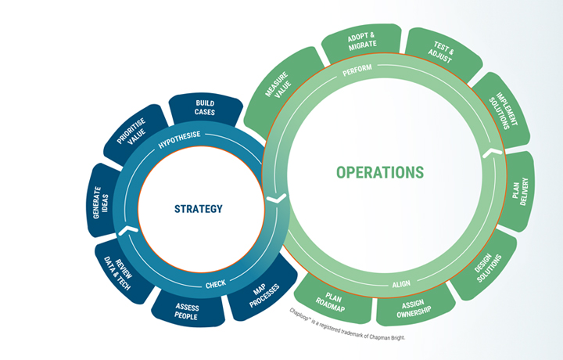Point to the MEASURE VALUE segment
[x=279, y=99]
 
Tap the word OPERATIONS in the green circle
[x=380, y=172]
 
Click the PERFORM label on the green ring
[x=357, y=70]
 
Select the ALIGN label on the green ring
[x=400, y=284]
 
